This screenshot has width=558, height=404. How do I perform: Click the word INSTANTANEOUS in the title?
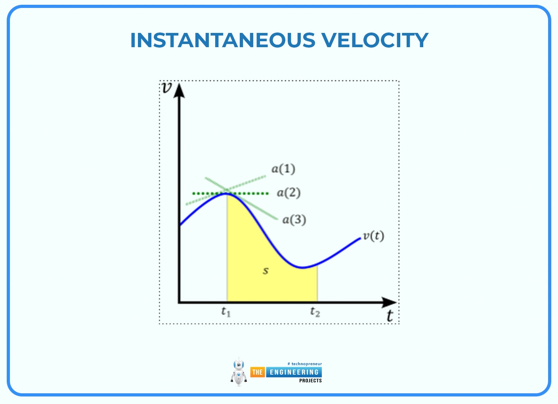coord(222,40)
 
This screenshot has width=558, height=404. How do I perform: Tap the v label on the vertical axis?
coord(167,88)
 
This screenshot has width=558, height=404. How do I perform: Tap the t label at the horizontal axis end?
coord(390,316)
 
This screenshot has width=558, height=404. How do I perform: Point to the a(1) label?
coord(283,169)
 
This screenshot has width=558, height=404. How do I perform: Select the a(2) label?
coord(289,193)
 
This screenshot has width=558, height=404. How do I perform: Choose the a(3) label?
coord(294,220)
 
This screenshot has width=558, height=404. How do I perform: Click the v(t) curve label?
coord(373,236)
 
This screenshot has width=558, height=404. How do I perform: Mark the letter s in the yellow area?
coord(266,271)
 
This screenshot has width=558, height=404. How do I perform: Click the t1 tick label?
coord(226,312)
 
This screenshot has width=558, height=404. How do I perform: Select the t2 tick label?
coord(315,312)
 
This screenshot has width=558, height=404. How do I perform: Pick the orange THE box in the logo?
coord(257,372)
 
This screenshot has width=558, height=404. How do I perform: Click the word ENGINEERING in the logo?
coord(294,372)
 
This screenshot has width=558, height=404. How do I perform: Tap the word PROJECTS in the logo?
coord(310,381)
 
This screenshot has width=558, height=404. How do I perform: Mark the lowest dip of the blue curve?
coord(302,268)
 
